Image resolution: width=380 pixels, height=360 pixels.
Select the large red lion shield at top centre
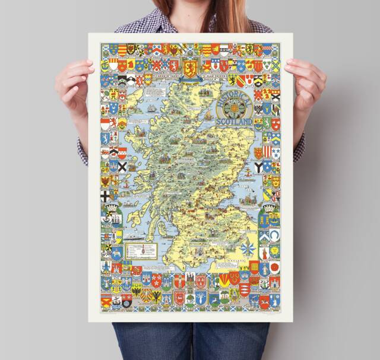pos(191,65)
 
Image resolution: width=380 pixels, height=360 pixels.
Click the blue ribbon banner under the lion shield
pos(191,80)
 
